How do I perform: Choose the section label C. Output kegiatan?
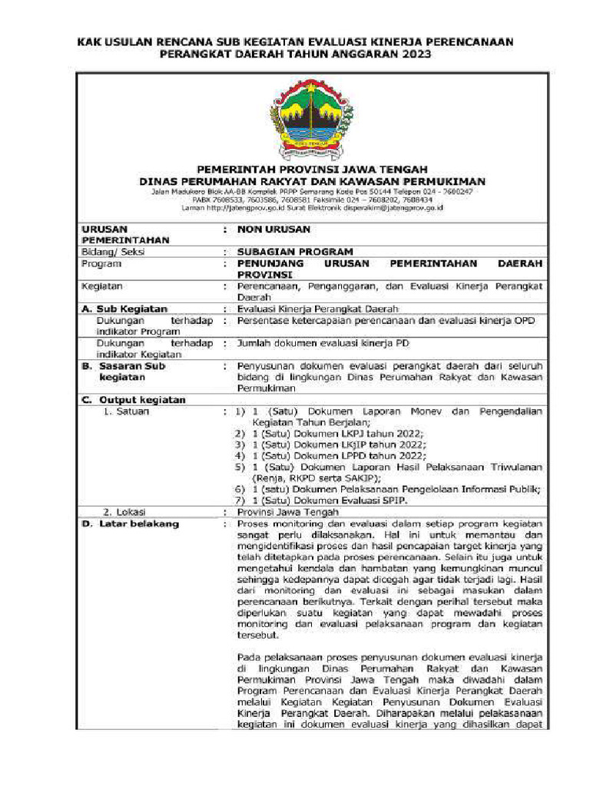click(134, 400)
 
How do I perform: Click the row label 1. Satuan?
click(126, 411)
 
